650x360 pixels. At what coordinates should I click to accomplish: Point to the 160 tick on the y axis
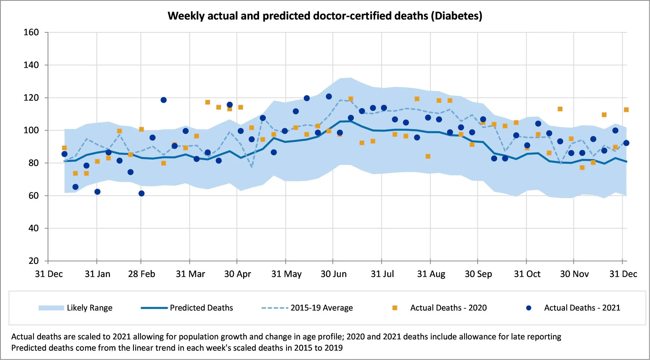(x=31, y=32)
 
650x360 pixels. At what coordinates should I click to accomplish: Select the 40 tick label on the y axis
(x=33, y=228)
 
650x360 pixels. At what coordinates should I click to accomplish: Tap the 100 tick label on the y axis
(x=31, y=130)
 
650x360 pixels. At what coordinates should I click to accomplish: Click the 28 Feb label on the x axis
(x=142, y=274)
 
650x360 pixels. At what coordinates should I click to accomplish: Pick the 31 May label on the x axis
(x=286, y=274)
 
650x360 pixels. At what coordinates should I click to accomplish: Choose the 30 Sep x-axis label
(x=478, y=274)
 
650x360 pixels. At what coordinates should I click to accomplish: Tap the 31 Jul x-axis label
(x=382, y=274)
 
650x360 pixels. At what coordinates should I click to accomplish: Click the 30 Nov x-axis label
(x=574, y=274)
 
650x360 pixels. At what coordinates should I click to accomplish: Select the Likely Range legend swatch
(x=51, y=308)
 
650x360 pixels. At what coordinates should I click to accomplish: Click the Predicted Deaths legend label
(x=201, y=308)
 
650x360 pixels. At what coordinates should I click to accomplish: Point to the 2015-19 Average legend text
(x=322, y=308)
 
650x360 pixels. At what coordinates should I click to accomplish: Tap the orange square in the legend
(x=395, y=308)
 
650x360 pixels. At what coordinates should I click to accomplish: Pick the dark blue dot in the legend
(x=529, y=308)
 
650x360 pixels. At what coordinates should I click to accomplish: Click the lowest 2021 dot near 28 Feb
(x=142, y=194)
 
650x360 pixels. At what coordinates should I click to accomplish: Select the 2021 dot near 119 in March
(x=163, y=100)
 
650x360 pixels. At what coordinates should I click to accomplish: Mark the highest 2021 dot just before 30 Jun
(x=329, y=97)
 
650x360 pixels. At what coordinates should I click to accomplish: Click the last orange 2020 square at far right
(x=626, y=110)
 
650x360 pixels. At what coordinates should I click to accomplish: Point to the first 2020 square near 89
(x=64, y=148)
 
